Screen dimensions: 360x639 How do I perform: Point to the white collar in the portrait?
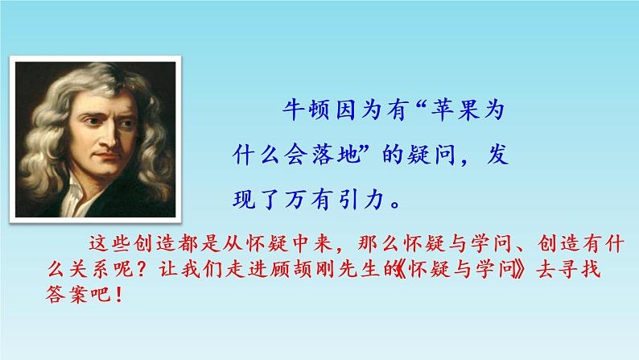point(76,197)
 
